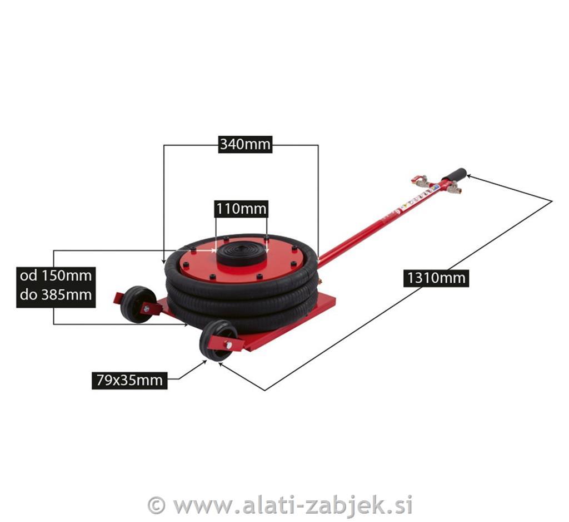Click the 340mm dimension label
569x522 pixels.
[x=245, y=144]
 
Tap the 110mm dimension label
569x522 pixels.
[x=241, y=209]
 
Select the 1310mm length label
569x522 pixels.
[x=436, y=278]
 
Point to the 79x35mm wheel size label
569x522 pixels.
[x=129, y=380]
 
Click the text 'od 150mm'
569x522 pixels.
[x=56, y=275]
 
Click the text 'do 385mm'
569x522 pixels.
[x=56, y=294]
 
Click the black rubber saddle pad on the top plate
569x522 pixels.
[x=241, y=252]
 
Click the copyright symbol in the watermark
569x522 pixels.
[x=156, y=505]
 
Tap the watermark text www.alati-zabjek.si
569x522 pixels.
[x=292, y=505]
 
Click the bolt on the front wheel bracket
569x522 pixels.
[x=228, y=344]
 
